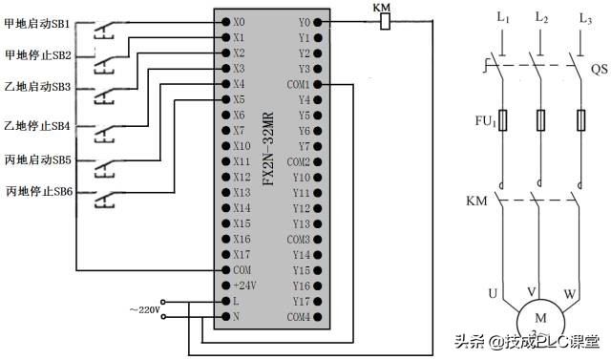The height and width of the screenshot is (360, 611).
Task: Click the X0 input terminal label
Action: pos(239,21)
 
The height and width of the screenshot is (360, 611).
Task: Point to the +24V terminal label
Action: pos(243,286)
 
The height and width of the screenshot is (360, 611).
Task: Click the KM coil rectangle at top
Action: pos(384,21)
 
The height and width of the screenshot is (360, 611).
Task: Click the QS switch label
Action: pos(599,69)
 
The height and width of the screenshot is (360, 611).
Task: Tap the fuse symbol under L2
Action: pos(540,120)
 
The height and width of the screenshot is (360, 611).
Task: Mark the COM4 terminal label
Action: pos(299,316)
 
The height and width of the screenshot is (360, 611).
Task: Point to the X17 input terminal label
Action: pos(241,254)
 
